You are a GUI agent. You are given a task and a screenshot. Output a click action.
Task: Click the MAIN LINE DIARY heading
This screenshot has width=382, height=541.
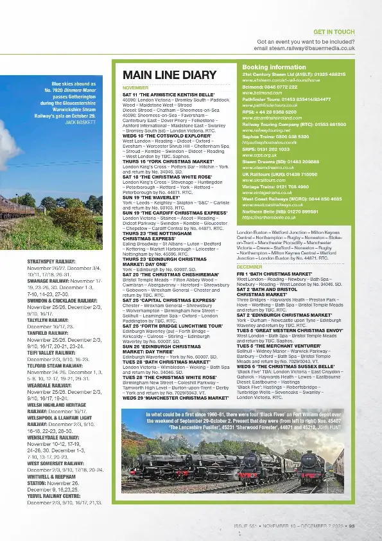tap(161, 75)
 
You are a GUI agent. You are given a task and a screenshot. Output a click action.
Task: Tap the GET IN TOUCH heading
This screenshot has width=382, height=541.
tap(334, 31)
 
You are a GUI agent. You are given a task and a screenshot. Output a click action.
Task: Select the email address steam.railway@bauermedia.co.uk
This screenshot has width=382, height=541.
tap(304, 48)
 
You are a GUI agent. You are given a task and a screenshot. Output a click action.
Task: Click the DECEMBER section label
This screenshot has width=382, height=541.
tap(249, 266)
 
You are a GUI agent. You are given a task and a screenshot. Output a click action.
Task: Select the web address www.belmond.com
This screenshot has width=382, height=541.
tap(258, 92)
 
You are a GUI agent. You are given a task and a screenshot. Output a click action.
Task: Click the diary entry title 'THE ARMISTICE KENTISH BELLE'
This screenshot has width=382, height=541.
tap(169, 94)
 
